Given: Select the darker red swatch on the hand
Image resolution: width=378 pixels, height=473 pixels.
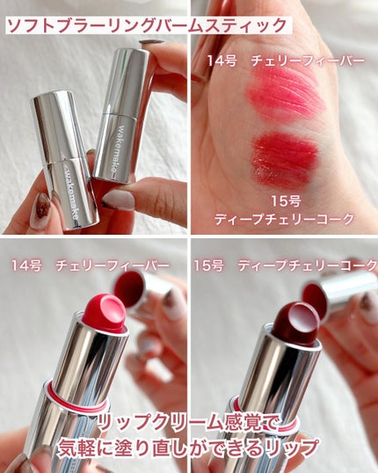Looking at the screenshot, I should point(284,157).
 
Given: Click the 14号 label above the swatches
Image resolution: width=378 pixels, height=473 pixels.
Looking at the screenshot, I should point(221,61).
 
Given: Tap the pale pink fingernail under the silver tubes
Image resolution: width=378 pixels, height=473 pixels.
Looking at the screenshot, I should point(118,200).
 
